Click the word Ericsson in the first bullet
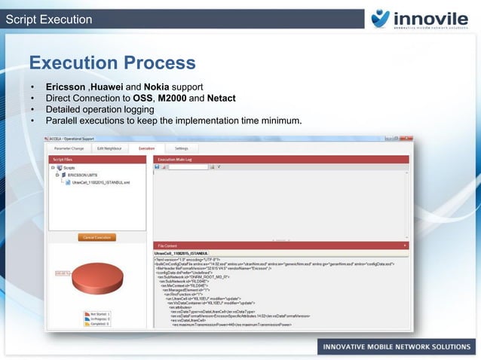click(x=66, y=87)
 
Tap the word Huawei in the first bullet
click(x=108, y=87)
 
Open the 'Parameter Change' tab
click(x=68, y=148)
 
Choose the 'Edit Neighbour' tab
click(x=109, y=148)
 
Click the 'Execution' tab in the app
click(x=146, y=148)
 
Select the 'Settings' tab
click(x=182, y=148)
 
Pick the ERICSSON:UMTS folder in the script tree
click(x=82, y=175)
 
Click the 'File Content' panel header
click(x=167, y=246)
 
